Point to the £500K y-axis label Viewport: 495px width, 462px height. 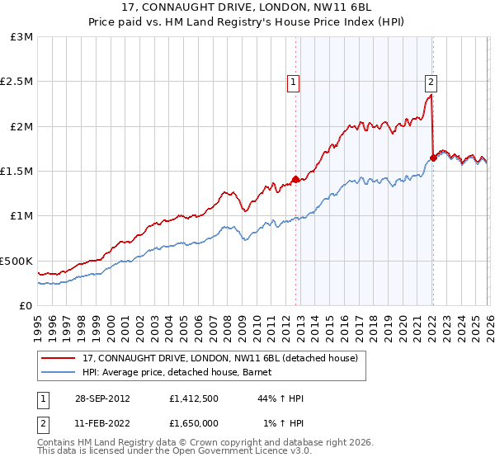(16, 261)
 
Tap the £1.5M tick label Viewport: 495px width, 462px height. (16, 172)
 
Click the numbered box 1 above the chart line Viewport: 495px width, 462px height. (295, 82)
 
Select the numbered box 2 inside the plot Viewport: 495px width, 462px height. (431, 82)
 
